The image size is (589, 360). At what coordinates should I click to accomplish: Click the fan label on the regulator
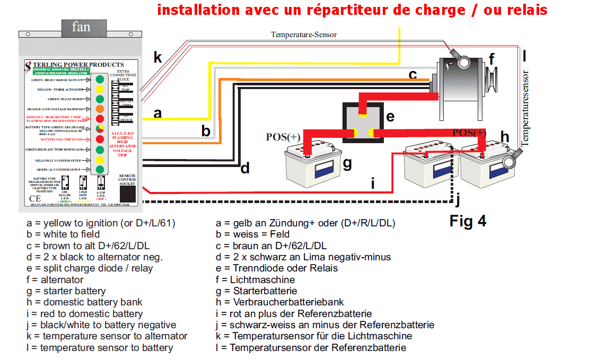(x=81, y=27)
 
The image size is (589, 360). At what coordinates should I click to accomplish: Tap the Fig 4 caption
(x=468, y=220)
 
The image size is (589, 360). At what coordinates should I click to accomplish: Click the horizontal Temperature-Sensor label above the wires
(x=304, y=34)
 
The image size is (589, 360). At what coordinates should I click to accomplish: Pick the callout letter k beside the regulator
(x=157, y=57)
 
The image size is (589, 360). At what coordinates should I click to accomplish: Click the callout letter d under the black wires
(x=245, y=169)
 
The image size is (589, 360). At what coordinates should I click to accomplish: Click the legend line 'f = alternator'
(x=55, y=279)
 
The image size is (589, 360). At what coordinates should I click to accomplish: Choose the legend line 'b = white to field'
(x=63, y=234)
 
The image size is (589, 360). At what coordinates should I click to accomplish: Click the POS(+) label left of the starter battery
(x=283, y=137)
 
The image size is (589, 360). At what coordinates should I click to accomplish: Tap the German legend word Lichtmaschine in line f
(x=262, y=279)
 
